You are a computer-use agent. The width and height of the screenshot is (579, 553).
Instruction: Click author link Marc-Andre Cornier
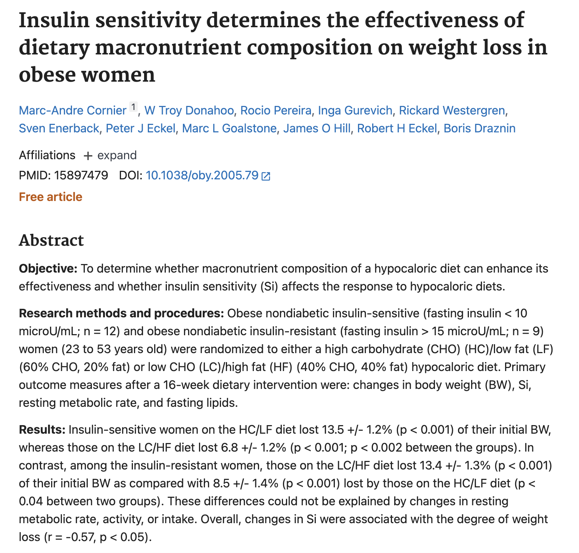click(73, 110)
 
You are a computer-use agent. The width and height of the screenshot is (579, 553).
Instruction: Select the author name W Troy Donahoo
click(189, 110)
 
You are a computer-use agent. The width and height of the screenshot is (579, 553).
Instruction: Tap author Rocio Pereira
click(276, 110)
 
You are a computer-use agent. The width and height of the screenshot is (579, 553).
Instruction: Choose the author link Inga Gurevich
click(355, 110)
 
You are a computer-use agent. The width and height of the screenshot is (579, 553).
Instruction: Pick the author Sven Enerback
click(59, 128)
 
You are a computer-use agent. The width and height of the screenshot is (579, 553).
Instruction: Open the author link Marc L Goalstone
click(229, 128)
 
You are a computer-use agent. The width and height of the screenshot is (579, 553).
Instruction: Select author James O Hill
click(317, 128)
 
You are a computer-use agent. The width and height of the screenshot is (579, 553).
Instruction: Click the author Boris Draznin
click(479, 128)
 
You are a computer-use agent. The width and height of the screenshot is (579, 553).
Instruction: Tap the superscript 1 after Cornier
click(134, 107)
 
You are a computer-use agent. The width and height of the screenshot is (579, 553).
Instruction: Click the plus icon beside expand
click(88, 155)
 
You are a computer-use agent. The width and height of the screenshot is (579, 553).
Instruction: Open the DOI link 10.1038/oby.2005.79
click(202, 175)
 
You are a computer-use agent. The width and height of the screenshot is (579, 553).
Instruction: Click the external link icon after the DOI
click(266, 176)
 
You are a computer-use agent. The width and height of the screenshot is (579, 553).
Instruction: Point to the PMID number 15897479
click(81, 175)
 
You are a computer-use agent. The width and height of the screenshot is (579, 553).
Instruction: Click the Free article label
click(51, 197)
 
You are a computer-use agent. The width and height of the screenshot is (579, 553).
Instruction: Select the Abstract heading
click(52, 241)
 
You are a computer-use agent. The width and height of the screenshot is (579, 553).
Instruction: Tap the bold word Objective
click(47, 268)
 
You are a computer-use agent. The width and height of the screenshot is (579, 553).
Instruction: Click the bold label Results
click(42, 430)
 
